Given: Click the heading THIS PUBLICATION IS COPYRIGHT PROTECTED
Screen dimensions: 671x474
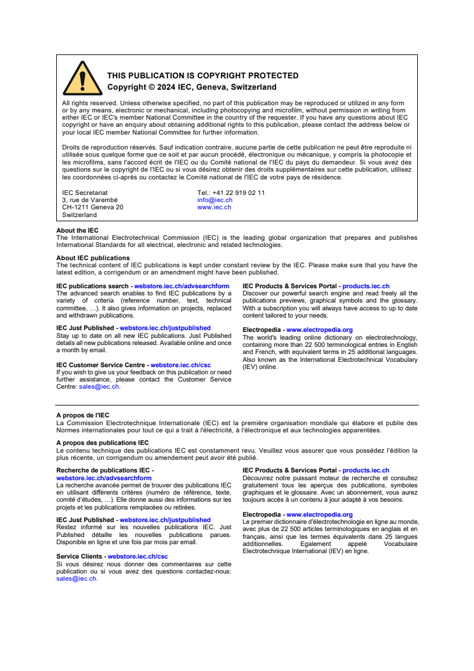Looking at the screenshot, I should [203, 76].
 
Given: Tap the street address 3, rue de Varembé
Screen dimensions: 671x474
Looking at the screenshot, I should [90, 200].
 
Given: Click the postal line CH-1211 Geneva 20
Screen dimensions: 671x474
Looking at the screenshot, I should [93, 207].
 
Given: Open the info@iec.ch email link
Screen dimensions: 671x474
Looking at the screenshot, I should [215, 200].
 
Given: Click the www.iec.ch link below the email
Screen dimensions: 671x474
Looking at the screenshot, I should [214, 207].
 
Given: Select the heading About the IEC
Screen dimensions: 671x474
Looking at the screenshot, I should [78, 230].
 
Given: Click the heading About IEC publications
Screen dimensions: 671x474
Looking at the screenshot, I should [93, 258].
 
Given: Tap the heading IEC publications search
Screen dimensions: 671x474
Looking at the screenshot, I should [92, 286].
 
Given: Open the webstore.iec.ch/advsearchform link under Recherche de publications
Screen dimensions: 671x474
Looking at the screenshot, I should [104, 478].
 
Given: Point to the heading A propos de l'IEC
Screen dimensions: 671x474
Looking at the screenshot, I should [82, 415].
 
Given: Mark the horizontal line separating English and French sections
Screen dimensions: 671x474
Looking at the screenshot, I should [237, 405].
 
